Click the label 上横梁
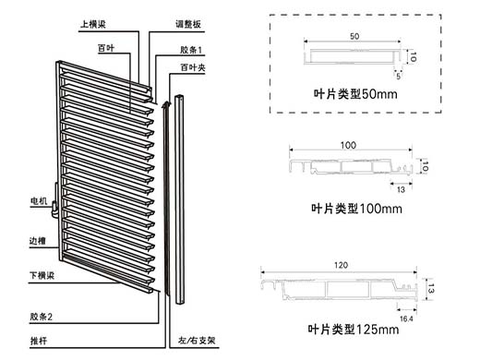pos(93,24)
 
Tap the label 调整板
pos(188,24)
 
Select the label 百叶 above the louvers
pos(106,48)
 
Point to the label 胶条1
pos(191,50)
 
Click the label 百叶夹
pos(193,67)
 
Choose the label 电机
pos(39,201)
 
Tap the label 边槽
pos(38,241)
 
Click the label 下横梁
pos(42,275)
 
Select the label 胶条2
pos(42,317)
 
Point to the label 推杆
pos(39,341)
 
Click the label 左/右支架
pos(197,341)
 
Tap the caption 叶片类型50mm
pos(355,94)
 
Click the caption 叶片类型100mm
pos(356,209)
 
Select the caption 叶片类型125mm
pos(354,330)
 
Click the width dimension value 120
pos(341,265)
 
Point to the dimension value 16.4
pos(406,318)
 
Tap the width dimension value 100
pos(348,145)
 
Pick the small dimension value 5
pos(398,76)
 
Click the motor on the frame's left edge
pos(54,207)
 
